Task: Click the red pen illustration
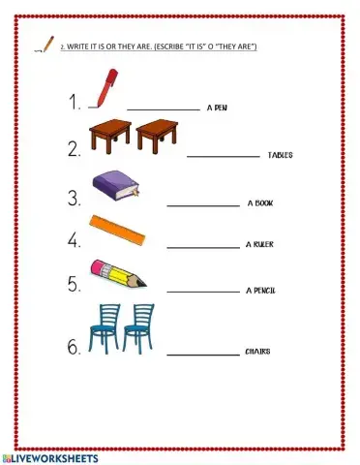(105, 86)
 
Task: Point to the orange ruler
(118, 229)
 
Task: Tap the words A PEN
(218, 109)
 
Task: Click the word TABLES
(281, 155)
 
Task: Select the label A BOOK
(262, 203)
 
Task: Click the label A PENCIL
(261, 290)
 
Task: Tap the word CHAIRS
(257, 352)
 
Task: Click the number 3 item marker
(74, 200)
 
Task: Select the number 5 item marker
(74, 284)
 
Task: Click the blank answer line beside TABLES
(223, 156)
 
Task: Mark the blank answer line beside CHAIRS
(203, 355)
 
